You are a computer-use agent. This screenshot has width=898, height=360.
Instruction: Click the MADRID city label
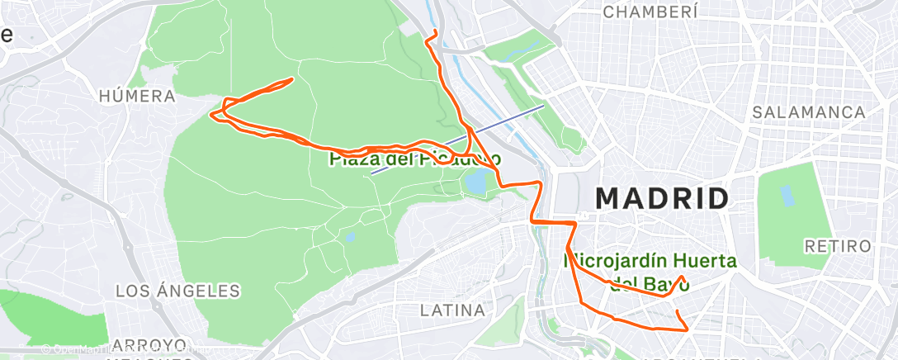(x=662, y=199)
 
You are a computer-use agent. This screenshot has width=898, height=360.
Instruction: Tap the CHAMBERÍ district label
(x=651, y=12)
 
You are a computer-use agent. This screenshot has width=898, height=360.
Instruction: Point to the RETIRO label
(x=838, y=246)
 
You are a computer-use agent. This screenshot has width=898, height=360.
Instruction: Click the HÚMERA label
(x=137, y=97)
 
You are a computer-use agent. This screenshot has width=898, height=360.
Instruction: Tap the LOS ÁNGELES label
(x=177, y=291)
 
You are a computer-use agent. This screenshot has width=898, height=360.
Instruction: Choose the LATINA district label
(x=452, y=310)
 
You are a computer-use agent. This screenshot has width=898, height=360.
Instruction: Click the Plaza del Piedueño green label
(x=414, y=159)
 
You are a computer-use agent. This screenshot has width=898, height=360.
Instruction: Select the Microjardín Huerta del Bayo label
(x=649, y=272)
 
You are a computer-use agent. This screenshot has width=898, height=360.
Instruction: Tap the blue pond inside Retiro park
(x=786, y=196)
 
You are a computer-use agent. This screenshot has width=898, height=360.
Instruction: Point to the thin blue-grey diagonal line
(x=458, y=139)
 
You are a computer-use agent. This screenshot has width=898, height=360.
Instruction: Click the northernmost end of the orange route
(x=434, y=31)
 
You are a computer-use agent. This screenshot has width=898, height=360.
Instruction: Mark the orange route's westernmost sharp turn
(x=214, y=114)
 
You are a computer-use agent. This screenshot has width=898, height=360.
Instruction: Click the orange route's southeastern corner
(x=687, y=329)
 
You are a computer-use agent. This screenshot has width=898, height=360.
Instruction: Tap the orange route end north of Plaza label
(x=292, y=79)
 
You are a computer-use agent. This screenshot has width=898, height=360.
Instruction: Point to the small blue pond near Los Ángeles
(x=351, y=237)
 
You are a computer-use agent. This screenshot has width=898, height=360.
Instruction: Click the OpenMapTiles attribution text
(x=83, y=349)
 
